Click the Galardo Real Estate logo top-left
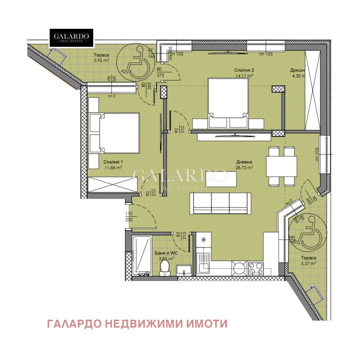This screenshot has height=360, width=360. click(x=71, y=38)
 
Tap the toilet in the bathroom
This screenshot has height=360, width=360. click(x=165, y=268)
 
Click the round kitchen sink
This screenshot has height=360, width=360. click(x=238, y=268)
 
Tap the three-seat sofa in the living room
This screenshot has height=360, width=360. click(x=220, y=203)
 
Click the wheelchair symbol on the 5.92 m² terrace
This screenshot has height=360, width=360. click(x=136, y=62)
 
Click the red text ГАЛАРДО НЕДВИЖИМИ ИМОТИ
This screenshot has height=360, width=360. click(x=137, y=324)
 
